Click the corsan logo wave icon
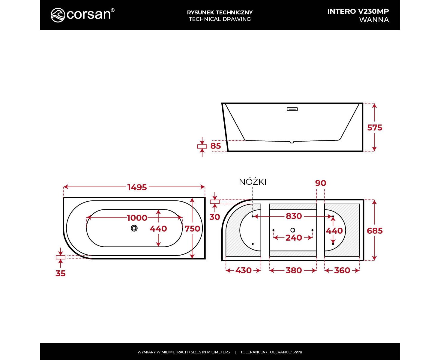58,15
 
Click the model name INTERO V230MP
358,11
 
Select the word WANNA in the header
374,20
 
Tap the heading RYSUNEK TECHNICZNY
220,13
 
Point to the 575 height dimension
375,127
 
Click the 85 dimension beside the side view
216,146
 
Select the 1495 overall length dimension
137,187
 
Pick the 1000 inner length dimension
137,218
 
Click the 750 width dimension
192,229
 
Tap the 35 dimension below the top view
61,273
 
